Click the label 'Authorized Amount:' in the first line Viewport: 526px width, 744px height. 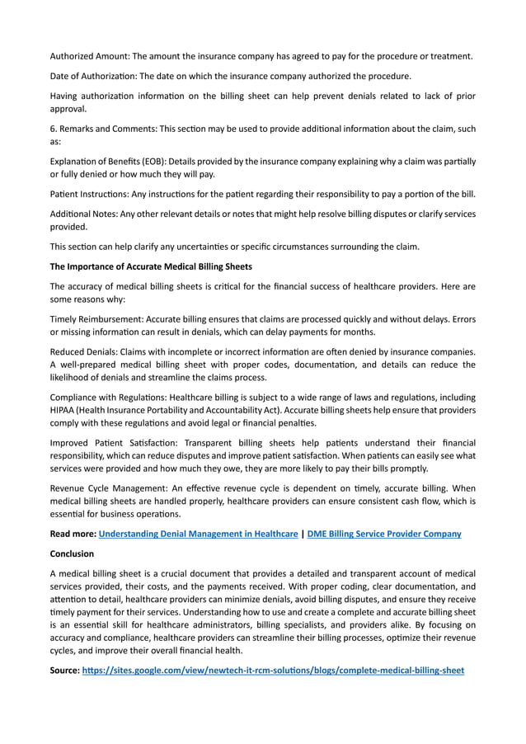point(89,56)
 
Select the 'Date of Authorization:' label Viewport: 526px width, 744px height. point(93,76)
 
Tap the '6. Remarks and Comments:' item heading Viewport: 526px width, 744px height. point(103,129)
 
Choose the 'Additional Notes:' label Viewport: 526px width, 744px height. point(83,214)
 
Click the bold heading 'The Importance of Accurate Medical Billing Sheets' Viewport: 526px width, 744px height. point(151,266)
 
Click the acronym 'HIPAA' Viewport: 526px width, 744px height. point(65,410)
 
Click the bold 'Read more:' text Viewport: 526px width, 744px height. point(73,534)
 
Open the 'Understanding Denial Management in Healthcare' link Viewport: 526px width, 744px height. point(198,534)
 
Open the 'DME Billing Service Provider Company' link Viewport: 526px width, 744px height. point(384,534)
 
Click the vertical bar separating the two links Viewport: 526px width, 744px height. point(303,534)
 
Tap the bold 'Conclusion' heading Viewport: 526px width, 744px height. point(73,553)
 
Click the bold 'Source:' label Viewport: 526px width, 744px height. point(64,671)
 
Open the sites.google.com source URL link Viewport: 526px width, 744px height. point(273,671)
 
